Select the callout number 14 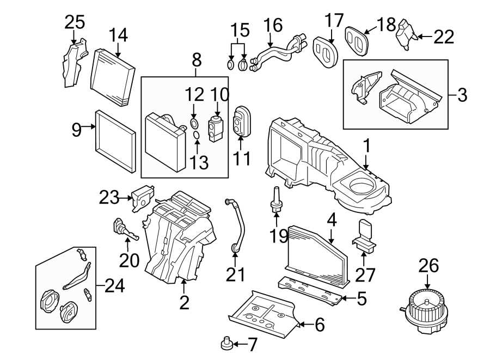118,35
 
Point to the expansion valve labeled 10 217,123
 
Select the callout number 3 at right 462,95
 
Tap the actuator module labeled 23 141,197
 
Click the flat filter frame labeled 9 115,139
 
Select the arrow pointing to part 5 350,298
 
